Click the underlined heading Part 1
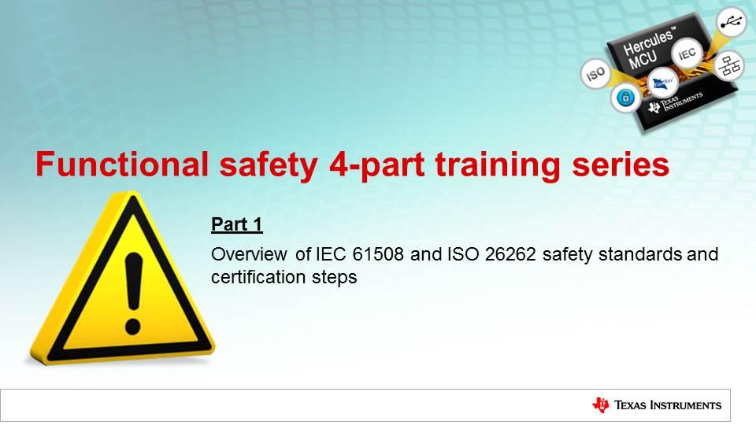click(236, 225)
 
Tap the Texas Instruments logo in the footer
click(656, 405)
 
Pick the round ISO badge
click(596, 75)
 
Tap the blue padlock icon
click(626, 98)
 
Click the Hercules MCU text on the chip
click(646, 51)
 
